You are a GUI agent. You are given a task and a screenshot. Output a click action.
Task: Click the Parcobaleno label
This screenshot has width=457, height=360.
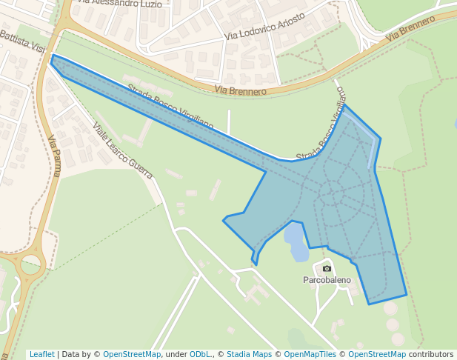[x=327, y=281]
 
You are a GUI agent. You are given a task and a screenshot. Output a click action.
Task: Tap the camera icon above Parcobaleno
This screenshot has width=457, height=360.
[x=327, y=267]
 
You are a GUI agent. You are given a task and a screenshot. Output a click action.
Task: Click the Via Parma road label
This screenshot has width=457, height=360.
[x=53, y=156]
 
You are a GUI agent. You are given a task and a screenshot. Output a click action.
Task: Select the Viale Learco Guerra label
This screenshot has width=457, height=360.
[x=122, y=150]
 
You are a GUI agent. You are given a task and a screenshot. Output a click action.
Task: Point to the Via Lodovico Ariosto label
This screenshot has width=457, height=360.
[x=264, y=26]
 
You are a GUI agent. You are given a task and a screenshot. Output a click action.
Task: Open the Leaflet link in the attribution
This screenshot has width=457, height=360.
[x=41, y=354]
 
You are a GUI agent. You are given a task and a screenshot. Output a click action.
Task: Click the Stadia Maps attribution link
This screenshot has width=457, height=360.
[x=249, y=354]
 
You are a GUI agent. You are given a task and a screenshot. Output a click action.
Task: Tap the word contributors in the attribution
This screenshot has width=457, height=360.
[x=430, y=354]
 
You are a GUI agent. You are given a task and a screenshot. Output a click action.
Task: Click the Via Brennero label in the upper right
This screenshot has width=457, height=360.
[x=410, y=30]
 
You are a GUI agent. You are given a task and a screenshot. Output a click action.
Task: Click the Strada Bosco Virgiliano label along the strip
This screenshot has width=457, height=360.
[x=170, y=108]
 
